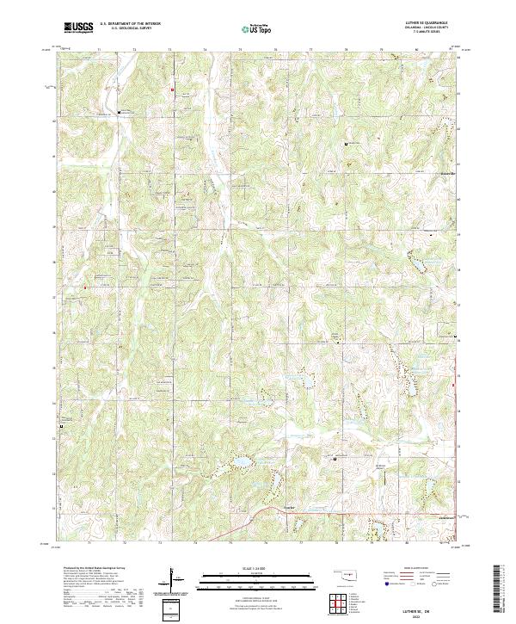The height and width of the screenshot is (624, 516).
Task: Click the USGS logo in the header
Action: [x=78, y=27]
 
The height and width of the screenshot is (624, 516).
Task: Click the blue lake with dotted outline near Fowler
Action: [x=240, y=466]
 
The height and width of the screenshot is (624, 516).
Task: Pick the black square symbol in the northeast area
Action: [x=346, y=144]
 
